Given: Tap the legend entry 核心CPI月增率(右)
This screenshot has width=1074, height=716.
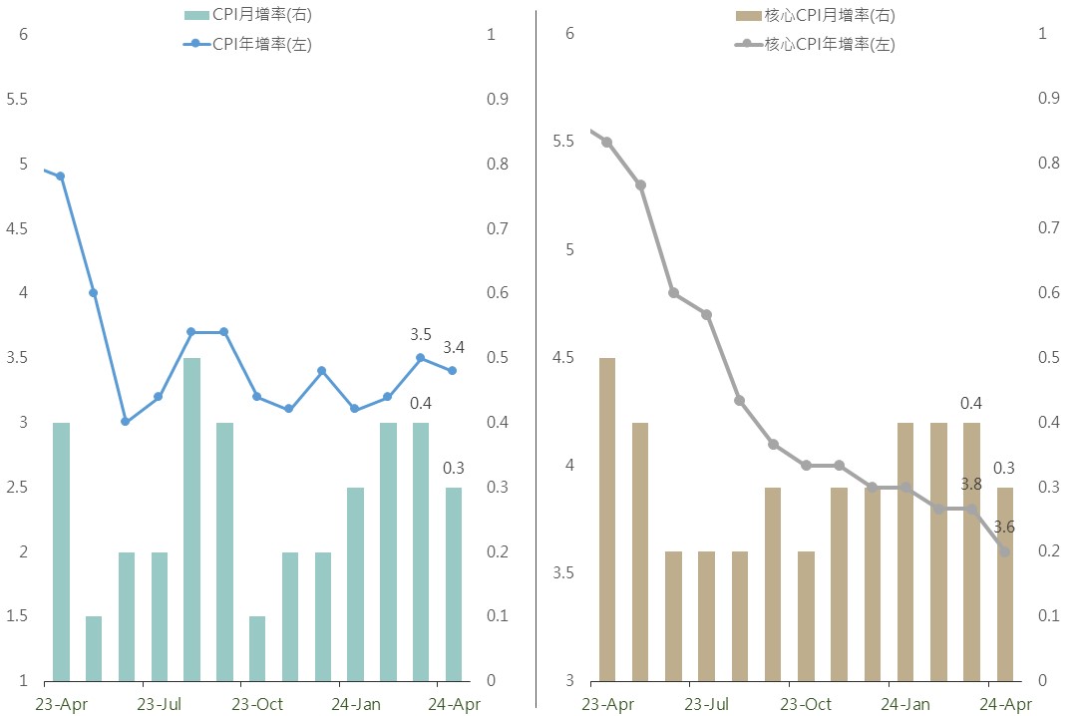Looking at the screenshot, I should click(814, 15).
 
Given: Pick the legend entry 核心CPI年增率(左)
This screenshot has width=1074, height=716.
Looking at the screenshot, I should click(814, 44).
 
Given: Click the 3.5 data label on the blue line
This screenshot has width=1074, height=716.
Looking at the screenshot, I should click(421, 334).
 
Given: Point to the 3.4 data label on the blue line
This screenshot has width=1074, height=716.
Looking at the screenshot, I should click(454, 347).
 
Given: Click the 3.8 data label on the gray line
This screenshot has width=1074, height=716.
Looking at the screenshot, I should click(971, 484).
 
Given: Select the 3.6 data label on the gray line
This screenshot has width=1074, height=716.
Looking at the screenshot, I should click(1004, 528).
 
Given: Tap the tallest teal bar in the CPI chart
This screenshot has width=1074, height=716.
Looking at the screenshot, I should click(191, 519).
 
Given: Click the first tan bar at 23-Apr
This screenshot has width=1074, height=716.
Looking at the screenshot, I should click(606, 519).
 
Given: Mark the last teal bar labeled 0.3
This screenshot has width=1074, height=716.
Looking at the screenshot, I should click(453, 583).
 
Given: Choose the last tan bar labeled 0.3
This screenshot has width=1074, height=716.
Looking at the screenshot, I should click(1004, 583).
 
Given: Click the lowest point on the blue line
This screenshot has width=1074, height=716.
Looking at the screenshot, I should click(125, 422).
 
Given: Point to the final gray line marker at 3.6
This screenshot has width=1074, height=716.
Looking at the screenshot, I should click(1004, 551).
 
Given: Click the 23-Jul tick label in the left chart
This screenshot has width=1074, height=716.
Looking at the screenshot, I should click(159, 704).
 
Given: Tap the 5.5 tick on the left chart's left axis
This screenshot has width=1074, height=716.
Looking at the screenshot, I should click(16, 100).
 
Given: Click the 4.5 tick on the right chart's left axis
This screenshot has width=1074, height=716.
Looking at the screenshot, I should click(563, 357).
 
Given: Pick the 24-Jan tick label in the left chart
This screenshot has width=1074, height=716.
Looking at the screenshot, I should click(356, 704).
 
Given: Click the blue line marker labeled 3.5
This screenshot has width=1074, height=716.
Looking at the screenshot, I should click(420, 357).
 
